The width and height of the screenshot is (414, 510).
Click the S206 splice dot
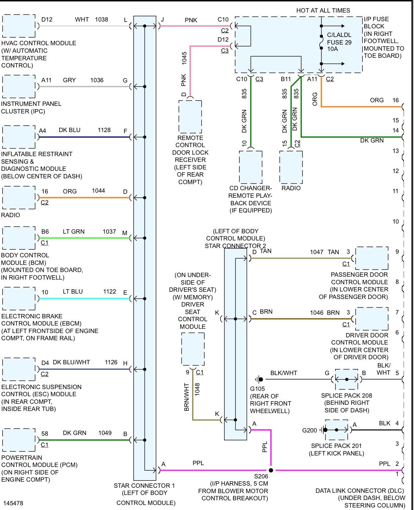pyautogui.click(x=271, y=470)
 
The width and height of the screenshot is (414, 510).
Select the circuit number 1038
pyautogui.click(x=101, y=19)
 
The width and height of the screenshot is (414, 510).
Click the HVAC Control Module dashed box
pyautogui.click(x=19, y=26)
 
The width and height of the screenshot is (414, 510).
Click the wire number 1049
pyautogui.click(x=105, y=433)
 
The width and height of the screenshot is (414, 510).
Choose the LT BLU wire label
pyautogui.click(x=73, y=292)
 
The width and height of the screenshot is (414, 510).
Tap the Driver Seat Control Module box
pyautogui.click(x=193, y=349)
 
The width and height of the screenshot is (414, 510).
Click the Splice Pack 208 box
pyautogui.click(x=347, y=379)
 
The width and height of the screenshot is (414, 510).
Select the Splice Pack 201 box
pyautogui.click(x=337, y=430)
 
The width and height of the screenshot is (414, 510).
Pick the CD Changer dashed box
pyautogui.click(x=251, y=167)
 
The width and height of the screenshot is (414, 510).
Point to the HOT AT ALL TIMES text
pyautogui.click(x=323, y=10)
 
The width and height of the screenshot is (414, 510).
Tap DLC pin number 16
pyautogui.click(x=395, y=100)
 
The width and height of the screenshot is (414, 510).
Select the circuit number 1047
pyautogui.click(x=317, y=252)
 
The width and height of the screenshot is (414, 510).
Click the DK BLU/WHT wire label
pyautogui.click(x=71, y=362)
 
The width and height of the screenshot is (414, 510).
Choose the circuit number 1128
pyautogui.click(x=104, y=130)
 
